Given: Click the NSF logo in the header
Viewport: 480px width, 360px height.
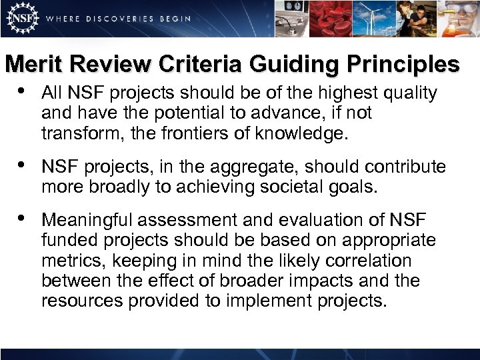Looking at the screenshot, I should (x=20, y=18).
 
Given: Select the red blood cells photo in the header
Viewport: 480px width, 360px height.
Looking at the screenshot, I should (x=338, y=18).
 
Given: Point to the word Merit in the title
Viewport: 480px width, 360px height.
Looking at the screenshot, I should (x=33, y=64).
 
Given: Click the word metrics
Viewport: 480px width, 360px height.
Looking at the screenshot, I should (x=68, y=260).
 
